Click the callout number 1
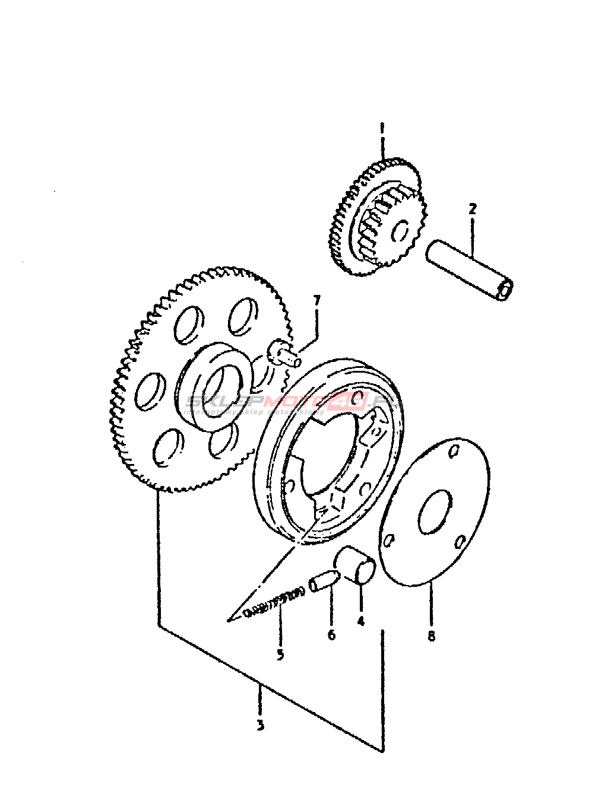(382, 128)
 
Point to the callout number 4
(360, 621)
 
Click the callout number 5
(280, 655)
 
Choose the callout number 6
(331, 635)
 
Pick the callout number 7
(316, 301)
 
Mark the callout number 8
(431, 636)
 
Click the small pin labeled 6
(325, 579)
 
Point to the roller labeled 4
(356, 565)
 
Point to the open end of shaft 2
(506, 290)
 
